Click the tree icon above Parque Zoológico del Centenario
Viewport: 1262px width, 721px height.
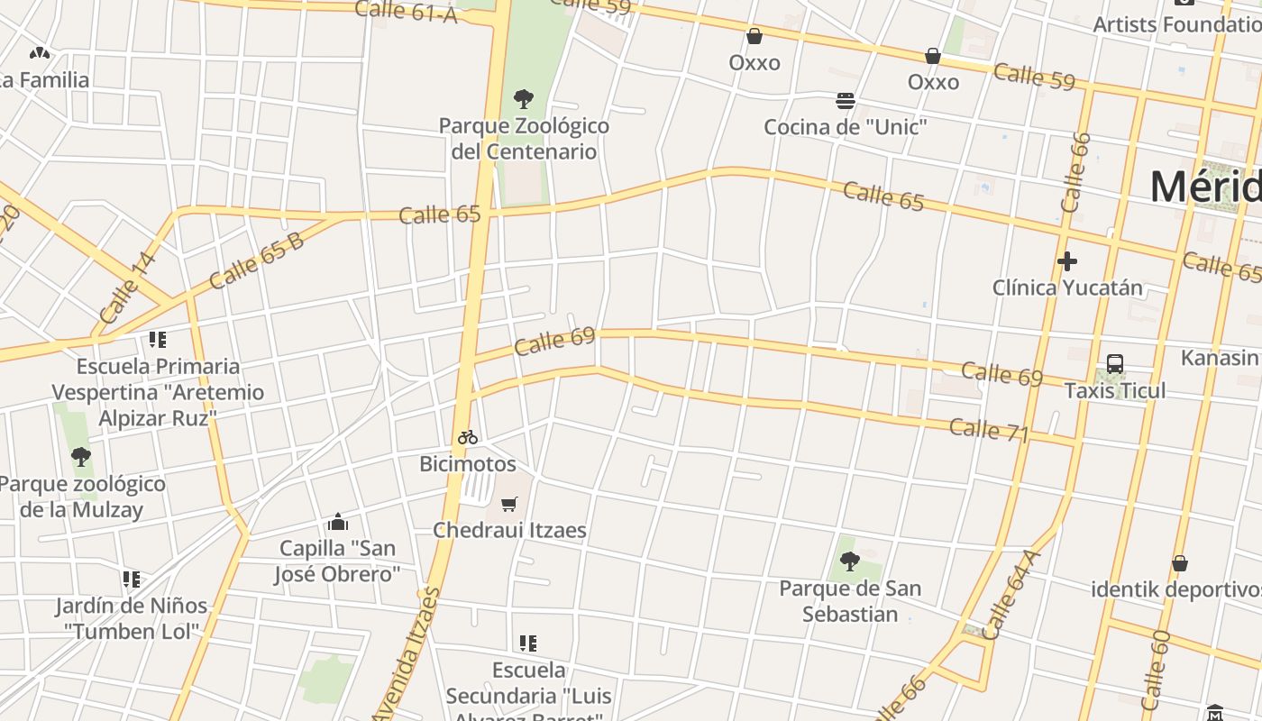click(x=523, y=99)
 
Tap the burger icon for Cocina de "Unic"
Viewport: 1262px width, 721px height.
click(x=845, y=100)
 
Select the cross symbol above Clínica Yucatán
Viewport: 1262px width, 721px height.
click(x=1067, y=261)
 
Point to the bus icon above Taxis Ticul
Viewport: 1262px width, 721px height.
click(x=1115, y=364)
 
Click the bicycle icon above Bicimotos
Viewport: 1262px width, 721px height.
click(x=467, y=437)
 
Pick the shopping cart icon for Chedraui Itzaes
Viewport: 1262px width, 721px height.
click(x=509, y=504)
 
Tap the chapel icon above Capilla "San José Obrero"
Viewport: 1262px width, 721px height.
click(x=338, y=522)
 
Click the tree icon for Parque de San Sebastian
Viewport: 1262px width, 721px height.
click(x=849, y=561)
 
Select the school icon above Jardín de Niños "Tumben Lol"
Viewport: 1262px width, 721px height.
click(x=132, y=579)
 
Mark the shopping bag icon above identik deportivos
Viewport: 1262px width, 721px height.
click(x=1179, y=563)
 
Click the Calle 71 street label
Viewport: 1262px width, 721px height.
click(x=989, y=430)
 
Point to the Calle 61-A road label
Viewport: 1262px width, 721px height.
click(x=406, y=11)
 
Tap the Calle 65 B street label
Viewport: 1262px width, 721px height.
click(x=256, y=260)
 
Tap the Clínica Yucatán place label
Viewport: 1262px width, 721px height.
click(x=1067, y=288)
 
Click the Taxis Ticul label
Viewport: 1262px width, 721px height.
click(x=1115, y=391)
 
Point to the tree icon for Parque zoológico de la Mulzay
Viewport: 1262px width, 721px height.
click(x=81, y=457)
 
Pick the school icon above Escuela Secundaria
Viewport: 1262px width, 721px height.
click(x=528, y=643)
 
